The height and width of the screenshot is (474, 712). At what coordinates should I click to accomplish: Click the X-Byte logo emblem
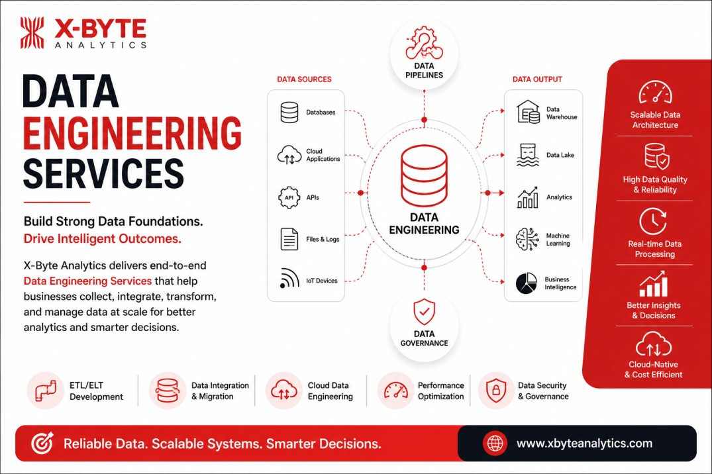tap(32, 32)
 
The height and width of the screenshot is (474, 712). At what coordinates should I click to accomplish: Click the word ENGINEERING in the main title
tap(132, 132)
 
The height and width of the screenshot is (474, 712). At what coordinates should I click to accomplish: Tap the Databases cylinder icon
tap(289, 112)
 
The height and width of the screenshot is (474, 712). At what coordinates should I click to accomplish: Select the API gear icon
tap(289, 197)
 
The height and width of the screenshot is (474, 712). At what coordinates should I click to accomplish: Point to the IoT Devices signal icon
tap(289, 278)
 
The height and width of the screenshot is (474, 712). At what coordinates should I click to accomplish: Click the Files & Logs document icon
tap(289, 239)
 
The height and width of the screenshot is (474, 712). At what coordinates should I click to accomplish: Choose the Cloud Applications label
tap(323, 155)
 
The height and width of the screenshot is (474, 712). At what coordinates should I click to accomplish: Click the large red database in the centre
tap(424, 175)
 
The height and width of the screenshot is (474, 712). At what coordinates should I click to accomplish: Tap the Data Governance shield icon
tap(424, 312)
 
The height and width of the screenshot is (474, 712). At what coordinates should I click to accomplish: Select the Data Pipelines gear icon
tap(424, 43)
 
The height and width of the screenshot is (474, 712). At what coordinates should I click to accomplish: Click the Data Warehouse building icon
tap(528, 112)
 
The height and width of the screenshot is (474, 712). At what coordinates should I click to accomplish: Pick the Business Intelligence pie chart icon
tap(527, 283)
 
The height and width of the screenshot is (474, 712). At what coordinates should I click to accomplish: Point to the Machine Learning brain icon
tap(527, 239)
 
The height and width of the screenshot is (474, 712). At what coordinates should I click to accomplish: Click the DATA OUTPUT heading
tap(537, 79)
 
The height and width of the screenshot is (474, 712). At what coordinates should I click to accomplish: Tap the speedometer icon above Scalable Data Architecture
tap(655, 92)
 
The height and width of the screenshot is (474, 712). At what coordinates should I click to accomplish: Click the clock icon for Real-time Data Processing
tap(653, 222)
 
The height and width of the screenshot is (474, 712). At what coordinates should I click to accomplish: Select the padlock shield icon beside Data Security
tap(496, 390)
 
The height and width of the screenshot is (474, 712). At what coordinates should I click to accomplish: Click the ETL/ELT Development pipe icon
tap(46, 391)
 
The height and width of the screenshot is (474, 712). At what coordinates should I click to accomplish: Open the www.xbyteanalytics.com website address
tap(584, 443)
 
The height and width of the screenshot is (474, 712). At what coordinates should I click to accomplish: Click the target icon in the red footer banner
tap(42, 443)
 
